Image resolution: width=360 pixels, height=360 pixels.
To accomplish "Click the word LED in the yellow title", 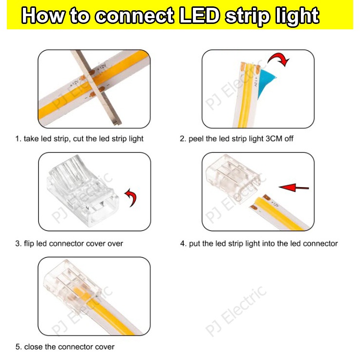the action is coord(199,16).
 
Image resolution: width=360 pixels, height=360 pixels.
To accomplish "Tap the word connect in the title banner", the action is coord(134,16).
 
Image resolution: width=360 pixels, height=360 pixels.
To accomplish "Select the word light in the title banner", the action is coord(297,17).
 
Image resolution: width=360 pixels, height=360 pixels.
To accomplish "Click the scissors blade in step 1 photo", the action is coord(96,88).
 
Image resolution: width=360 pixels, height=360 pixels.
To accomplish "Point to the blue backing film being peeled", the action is coord(266,82).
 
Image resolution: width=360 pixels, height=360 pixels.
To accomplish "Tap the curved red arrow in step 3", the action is coord(131,197).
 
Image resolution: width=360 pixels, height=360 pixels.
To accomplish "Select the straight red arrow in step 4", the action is coord(294,188).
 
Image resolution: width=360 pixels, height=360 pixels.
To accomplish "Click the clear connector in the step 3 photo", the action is coord(83,191).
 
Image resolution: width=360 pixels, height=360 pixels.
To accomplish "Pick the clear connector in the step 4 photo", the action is coord(233,178).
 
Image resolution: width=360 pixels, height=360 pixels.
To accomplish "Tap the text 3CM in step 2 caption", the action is coord(274,139).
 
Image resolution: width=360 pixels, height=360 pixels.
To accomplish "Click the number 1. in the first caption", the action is coord(18,139).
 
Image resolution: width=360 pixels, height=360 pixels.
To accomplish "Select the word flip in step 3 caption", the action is coord(29,244).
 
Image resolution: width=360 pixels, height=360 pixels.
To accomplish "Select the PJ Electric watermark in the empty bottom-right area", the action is coord(236,311).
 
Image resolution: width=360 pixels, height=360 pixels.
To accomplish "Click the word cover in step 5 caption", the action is coord(105,347).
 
